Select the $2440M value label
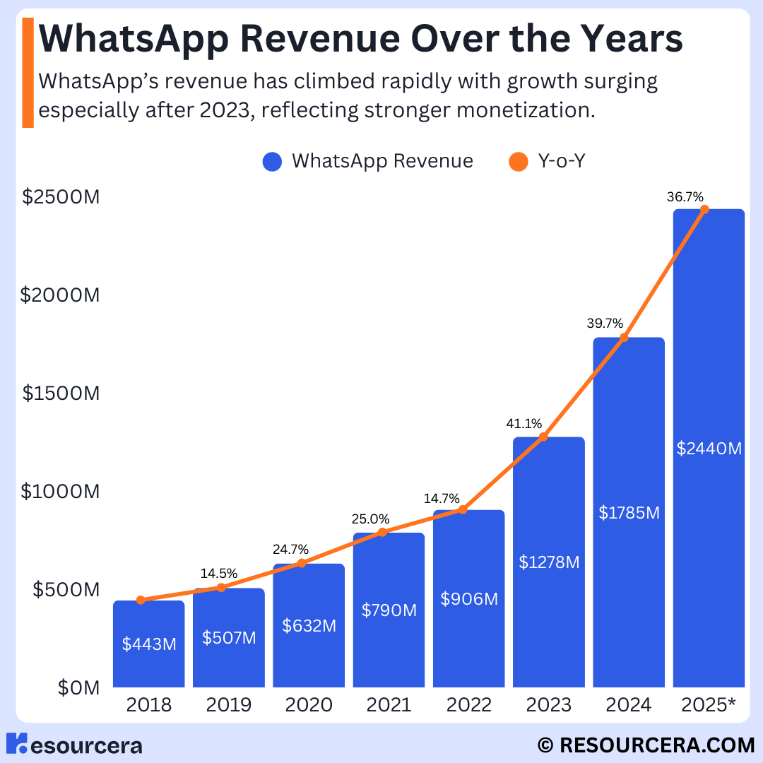click(x=709, y=448)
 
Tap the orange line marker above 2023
click(x=543, y=437)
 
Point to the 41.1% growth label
click(x=524, y=424)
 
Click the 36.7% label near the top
click(x=685, y=197)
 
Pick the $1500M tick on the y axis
click(x=61, y=393)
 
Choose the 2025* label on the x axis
click(x=709, y=705)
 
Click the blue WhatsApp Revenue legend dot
click(x=272, y=162)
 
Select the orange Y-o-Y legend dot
click(x=519, y=162)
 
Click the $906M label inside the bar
click(x=469, y=598)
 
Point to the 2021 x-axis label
click(x=389, y=705)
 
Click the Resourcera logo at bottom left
click(x=73, y=745)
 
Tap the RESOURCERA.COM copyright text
click(x=646, y=745)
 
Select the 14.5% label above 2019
click(x=220, y=573)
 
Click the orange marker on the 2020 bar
click(x=302, y=563)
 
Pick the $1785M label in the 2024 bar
click(x=629, y=513)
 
